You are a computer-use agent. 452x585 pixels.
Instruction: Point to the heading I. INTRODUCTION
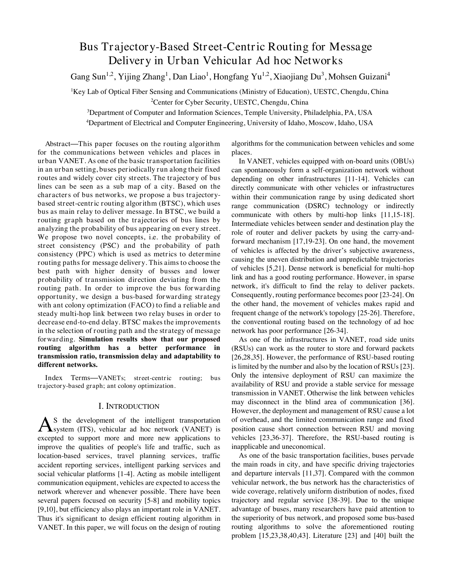pyautogui.click(x=129, y=406)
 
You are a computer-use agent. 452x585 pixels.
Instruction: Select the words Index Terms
pyautogui.click(x=68, y=378)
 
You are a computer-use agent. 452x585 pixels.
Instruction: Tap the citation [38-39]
pyautogui.click(x=336, y=500)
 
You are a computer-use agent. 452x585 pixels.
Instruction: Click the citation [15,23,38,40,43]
pyautogui.click(x=284, y=536)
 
